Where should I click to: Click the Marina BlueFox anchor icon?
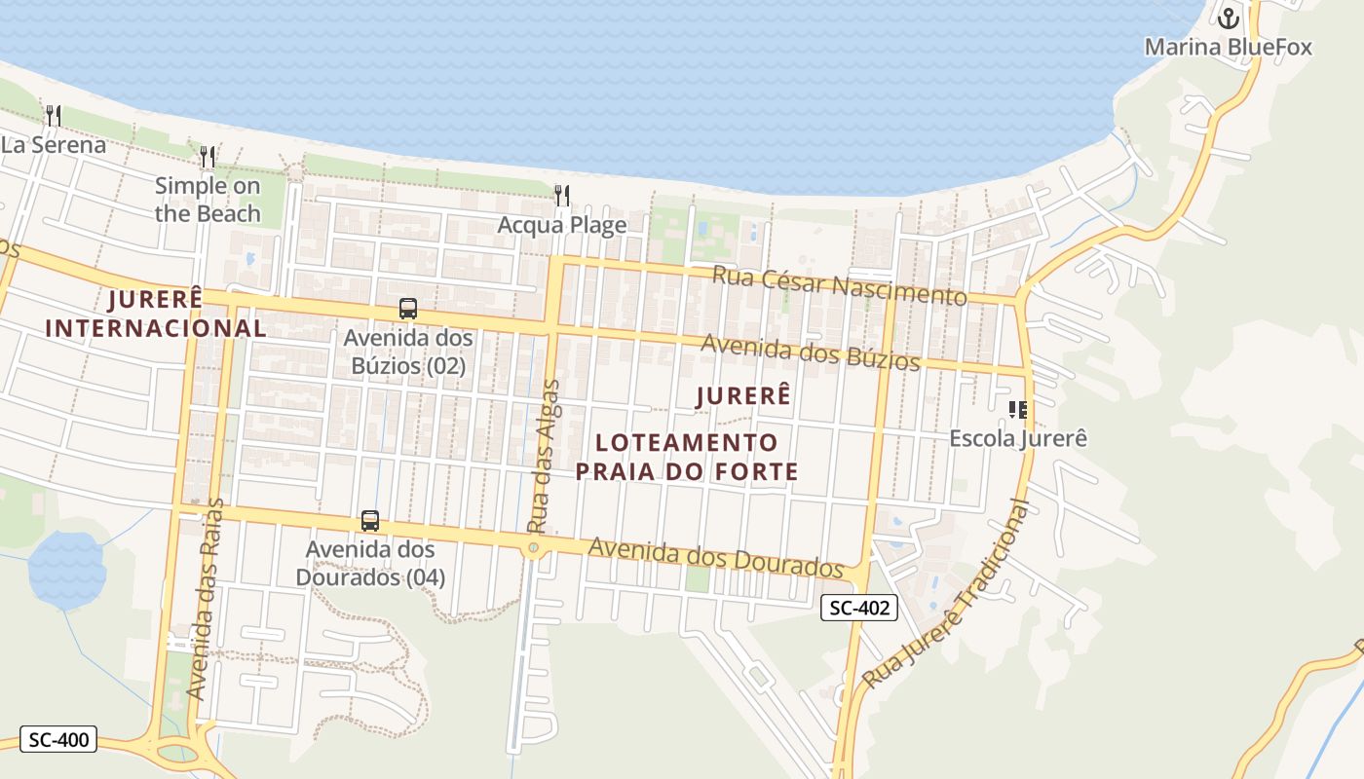pos(1229,18)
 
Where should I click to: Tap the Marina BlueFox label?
pos(1228,47)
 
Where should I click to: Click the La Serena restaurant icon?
pos(54,116)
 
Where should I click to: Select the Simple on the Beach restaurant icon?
pos(208,157)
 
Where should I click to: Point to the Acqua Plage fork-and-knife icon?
pos(562,196)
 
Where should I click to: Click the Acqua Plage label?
pos(562,225)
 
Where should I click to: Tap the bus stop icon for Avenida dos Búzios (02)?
pos(408,309)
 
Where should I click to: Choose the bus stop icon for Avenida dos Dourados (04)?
pos(370,520)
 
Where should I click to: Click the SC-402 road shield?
pos(858,609)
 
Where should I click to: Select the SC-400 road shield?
pos(58,740)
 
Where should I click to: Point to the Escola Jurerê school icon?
pos(1018,409)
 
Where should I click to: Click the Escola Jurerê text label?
pos(1018,438)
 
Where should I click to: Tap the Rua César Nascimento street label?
pos(839,283)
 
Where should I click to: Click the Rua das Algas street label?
pos(544,455)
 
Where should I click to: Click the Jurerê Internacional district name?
pos(156,313)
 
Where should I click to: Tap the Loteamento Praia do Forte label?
pos(687,457)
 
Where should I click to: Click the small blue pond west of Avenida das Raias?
pos(65,569)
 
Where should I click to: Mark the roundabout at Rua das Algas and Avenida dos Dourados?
pos(533,549)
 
